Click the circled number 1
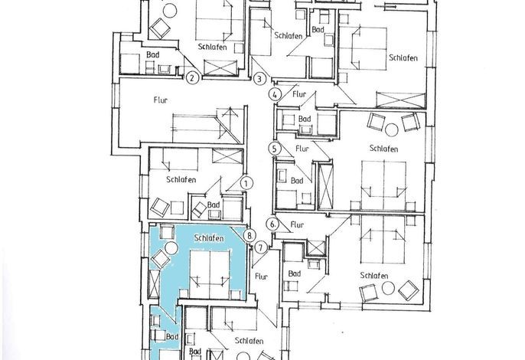tap(246, 183)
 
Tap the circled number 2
tap(192, 78)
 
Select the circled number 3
tap(259, 79)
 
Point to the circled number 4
tap(275, 94)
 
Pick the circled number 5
tap(275, 149)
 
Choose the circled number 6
tap(273, 224)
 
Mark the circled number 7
tap(261, 248)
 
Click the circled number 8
tap(249, 235)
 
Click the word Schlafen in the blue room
tap(209, 238)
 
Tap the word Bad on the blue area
tap(172, 336)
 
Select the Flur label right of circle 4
tap(299, 94)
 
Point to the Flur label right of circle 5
tap(302, 148)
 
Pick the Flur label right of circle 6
tap(297, 224)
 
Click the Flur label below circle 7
tap(261, 277)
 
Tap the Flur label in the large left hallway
tap(161, 100)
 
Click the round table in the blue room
tap(171, 247)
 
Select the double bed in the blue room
tap(210, 274)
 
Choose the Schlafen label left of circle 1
tap(181, 180)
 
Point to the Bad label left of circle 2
tap(153, 54)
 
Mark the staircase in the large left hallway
tap(207, 126)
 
